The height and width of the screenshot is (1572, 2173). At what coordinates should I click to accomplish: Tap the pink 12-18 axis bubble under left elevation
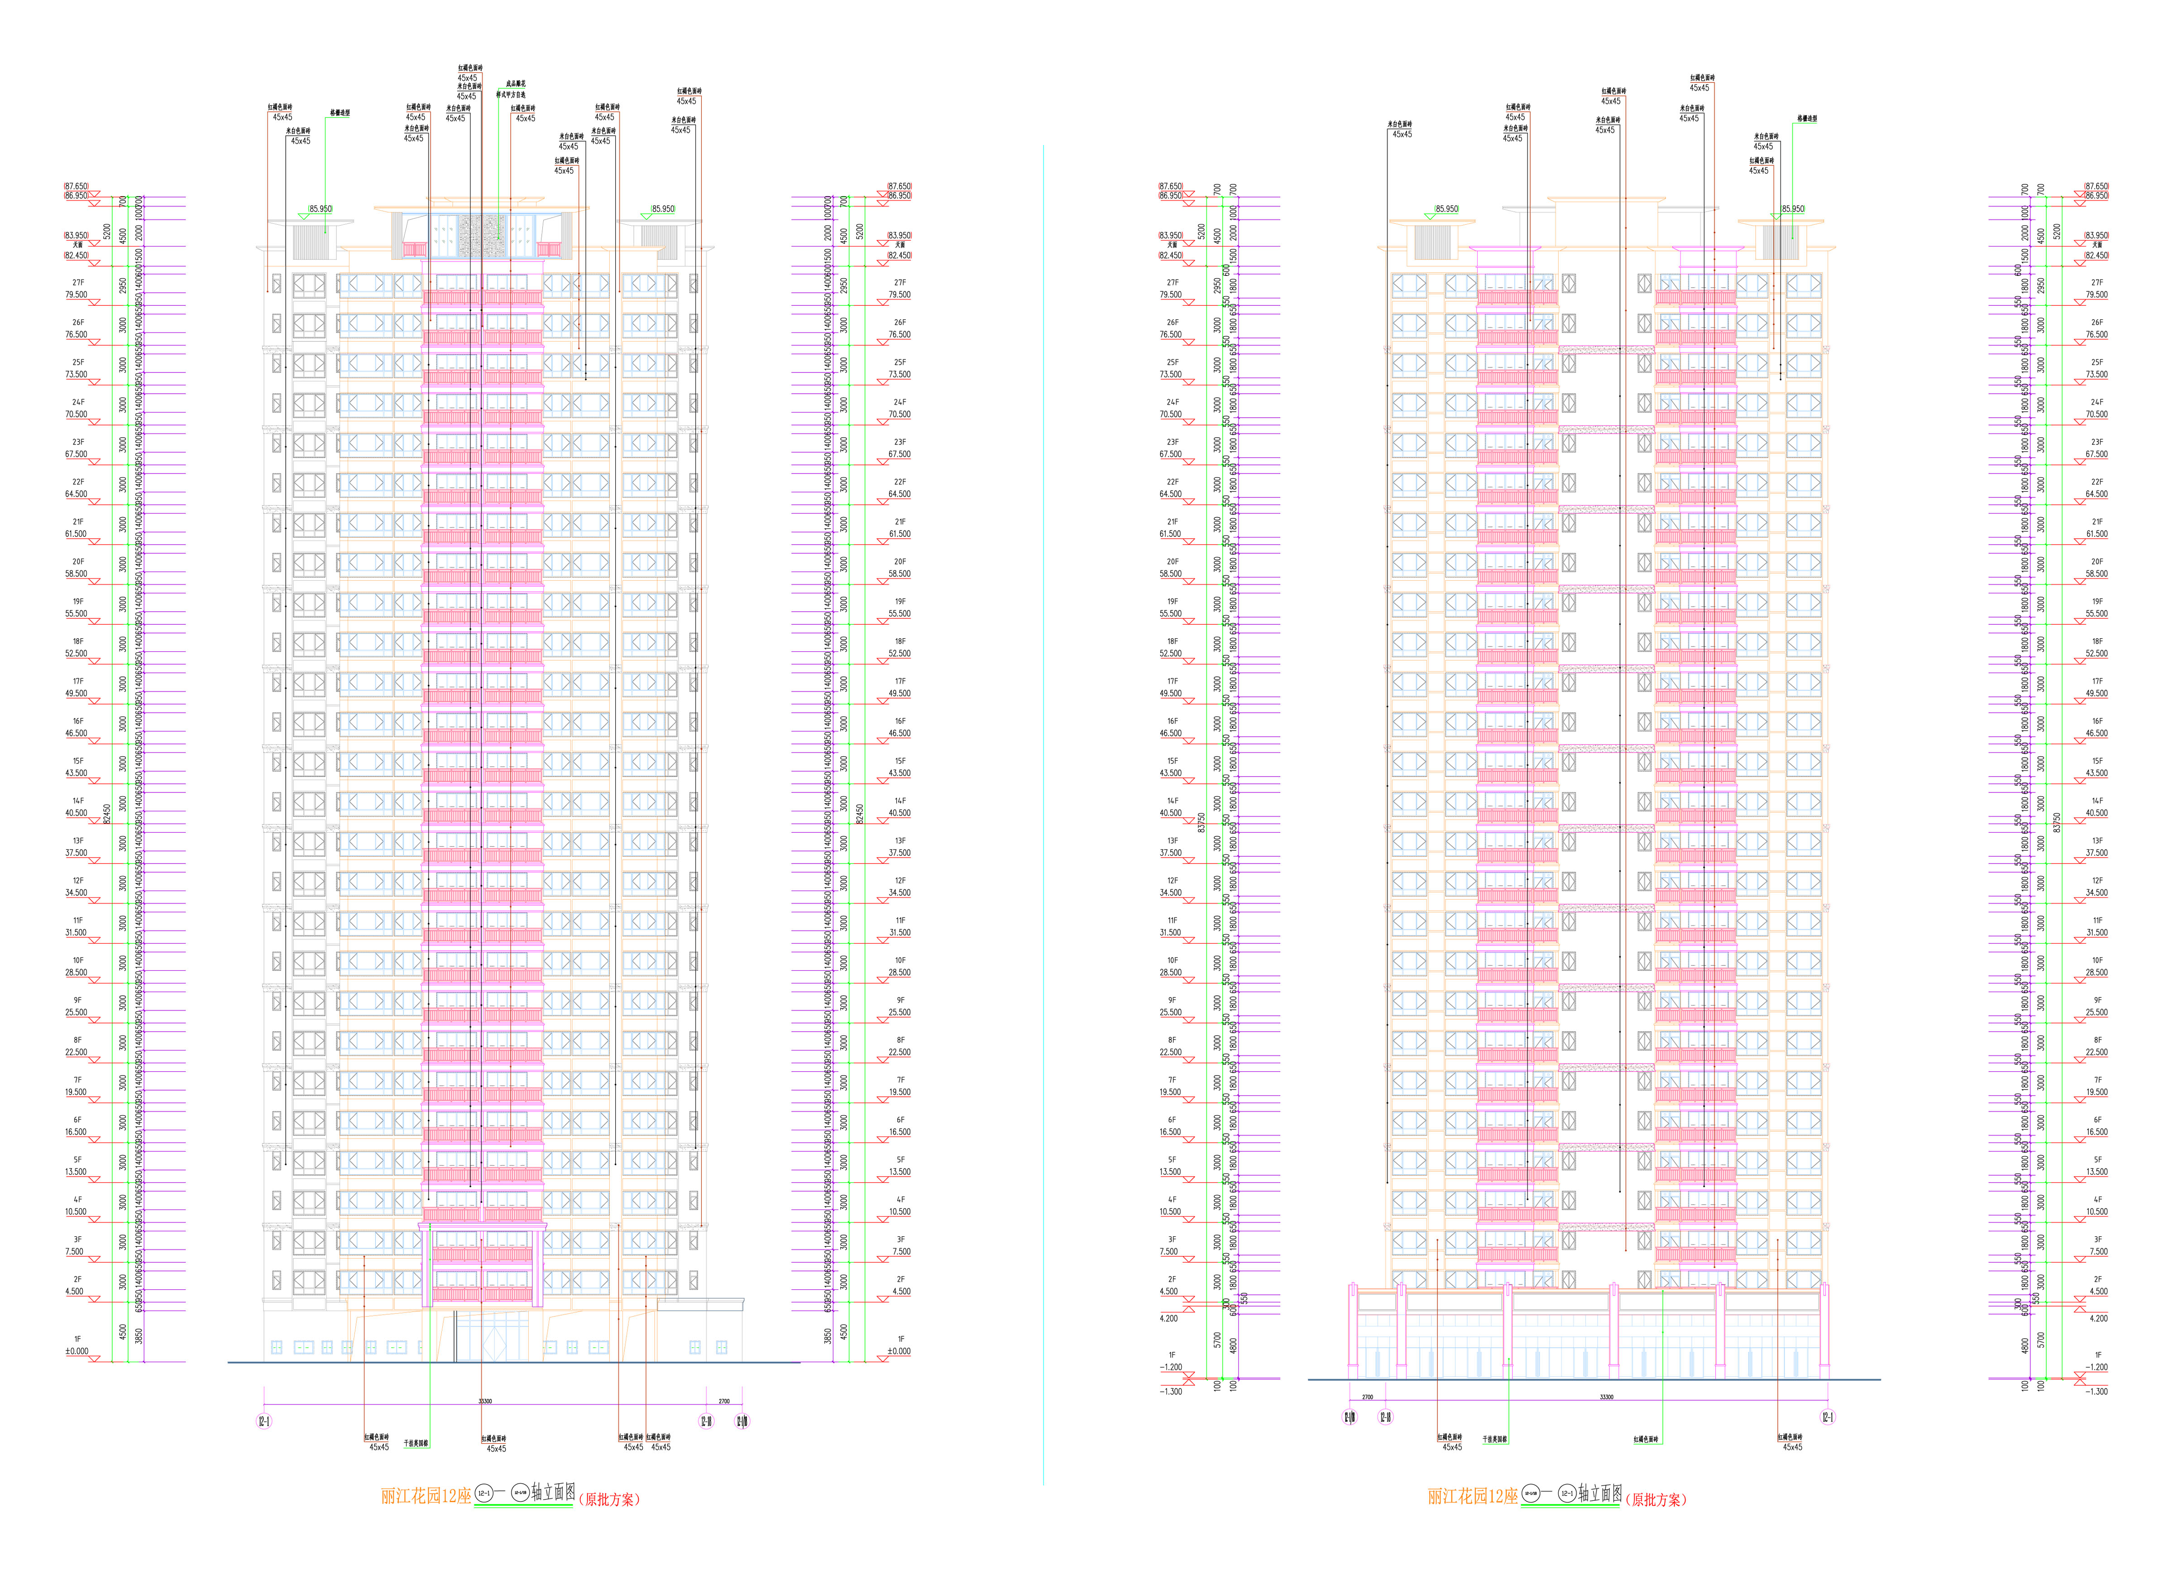(706, 1422)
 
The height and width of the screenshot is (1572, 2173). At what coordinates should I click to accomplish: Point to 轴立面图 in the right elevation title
(1601, 1492)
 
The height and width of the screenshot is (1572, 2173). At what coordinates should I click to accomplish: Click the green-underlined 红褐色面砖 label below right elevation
(1646, 1439)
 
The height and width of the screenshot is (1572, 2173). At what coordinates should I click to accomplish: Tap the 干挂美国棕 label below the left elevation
(416, 1442)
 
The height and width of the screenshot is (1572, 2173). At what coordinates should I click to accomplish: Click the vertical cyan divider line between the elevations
(1043, 815)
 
